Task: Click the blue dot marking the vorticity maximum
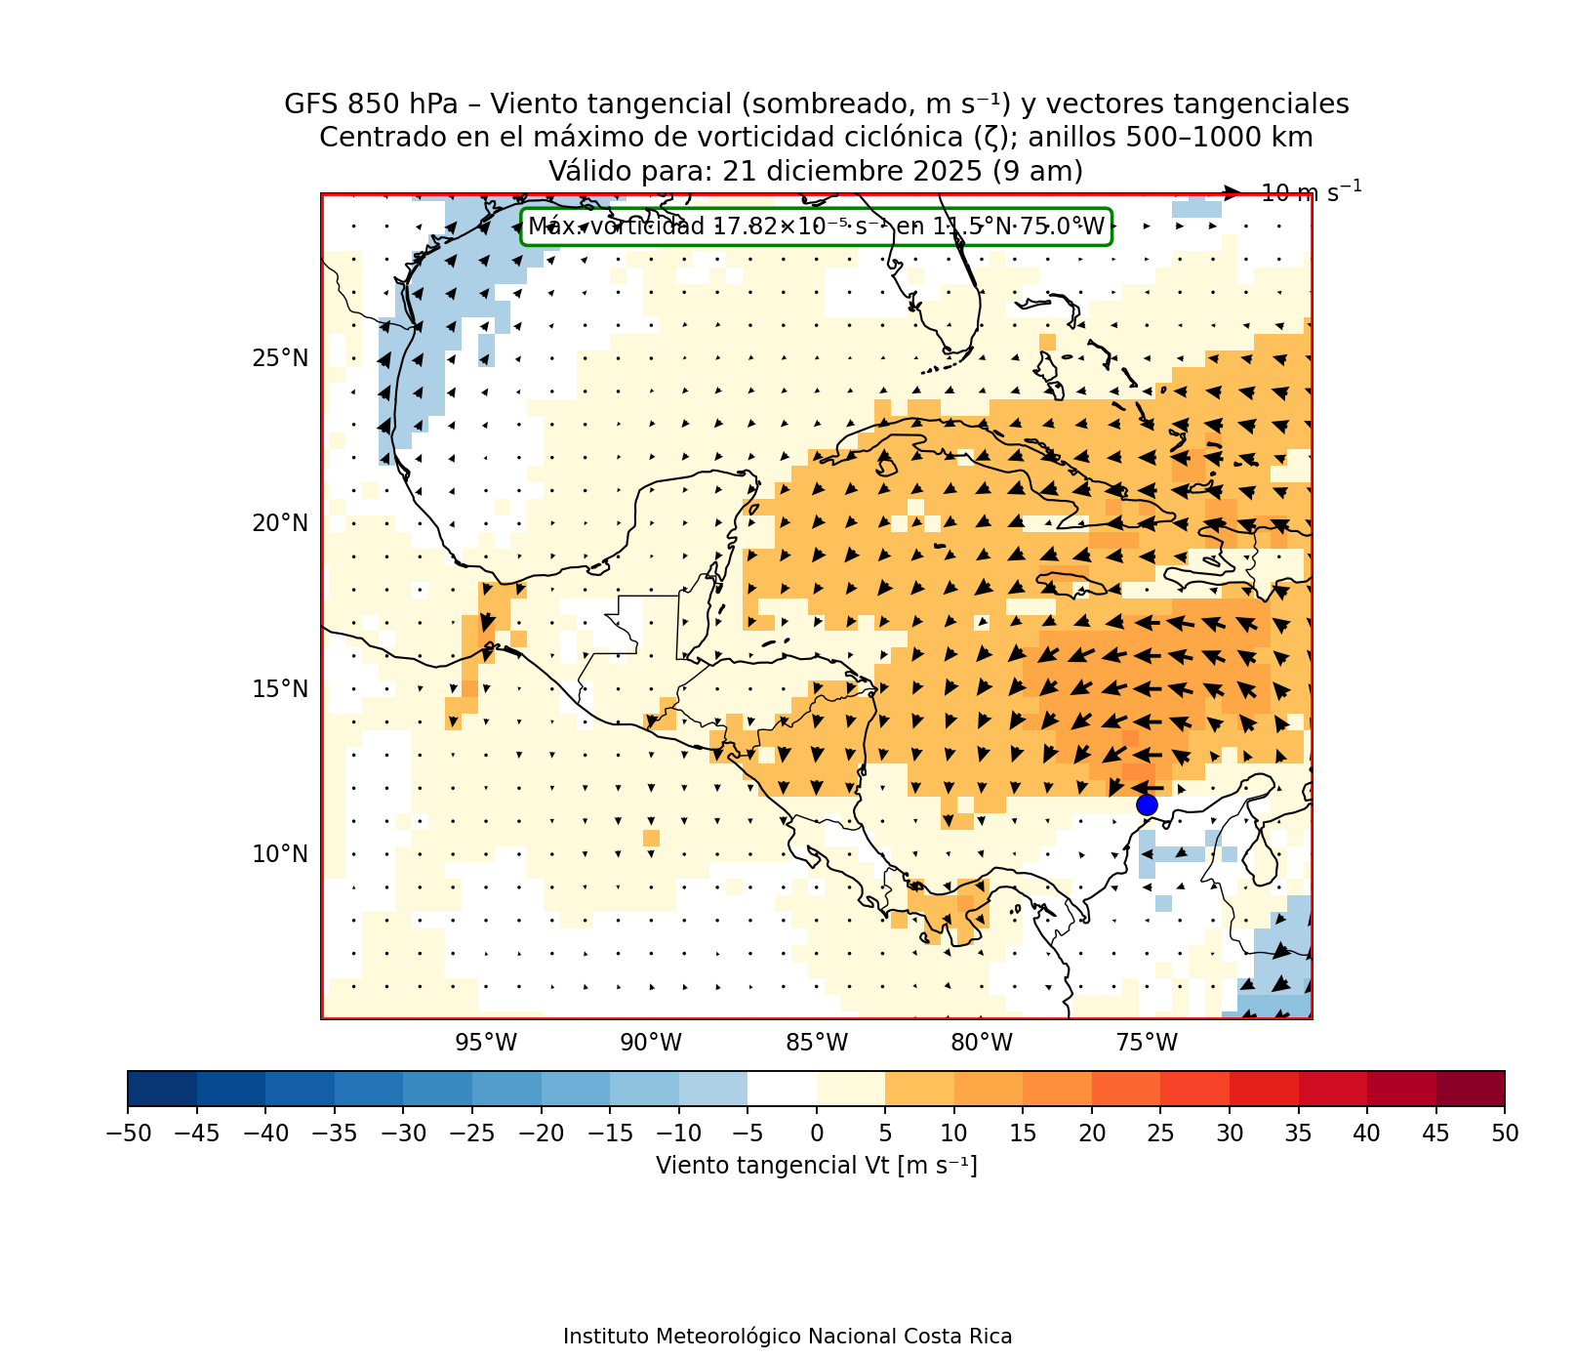click(x=1147, y=804)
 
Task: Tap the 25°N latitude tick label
click(x=280, y=358)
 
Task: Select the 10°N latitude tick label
click(x=280, y=854)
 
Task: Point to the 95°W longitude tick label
click(x=486, y=1043)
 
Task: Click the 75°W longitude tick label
click(x=1147, y=1043)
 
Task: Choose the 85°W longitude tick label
click(x=817, y=1043)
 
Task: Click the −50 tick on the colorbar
click(x=127, y=1133)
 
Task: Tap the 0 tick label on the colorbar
click(x=817, y=1133)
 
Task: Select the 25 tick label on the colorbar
click(x=1160, y=1133)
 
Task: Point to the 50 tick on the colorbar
click(x=1505, y=1133)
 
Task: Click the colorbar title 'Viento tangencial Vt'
click(x=816, y=1166)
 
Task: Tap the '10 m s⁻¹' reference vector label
click(x=1311, y=193)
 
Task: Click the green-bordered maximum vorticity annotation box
click(x=816, y=227)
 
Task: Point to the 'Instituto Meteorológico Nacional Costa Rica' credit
click(x=788, y=1337)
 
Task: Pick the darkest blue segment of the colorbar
click(x=162, y=1089)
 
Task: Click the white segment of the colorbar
click(x=782, y=1089)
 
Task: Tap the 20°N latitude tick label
click(x=280, y=523)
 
